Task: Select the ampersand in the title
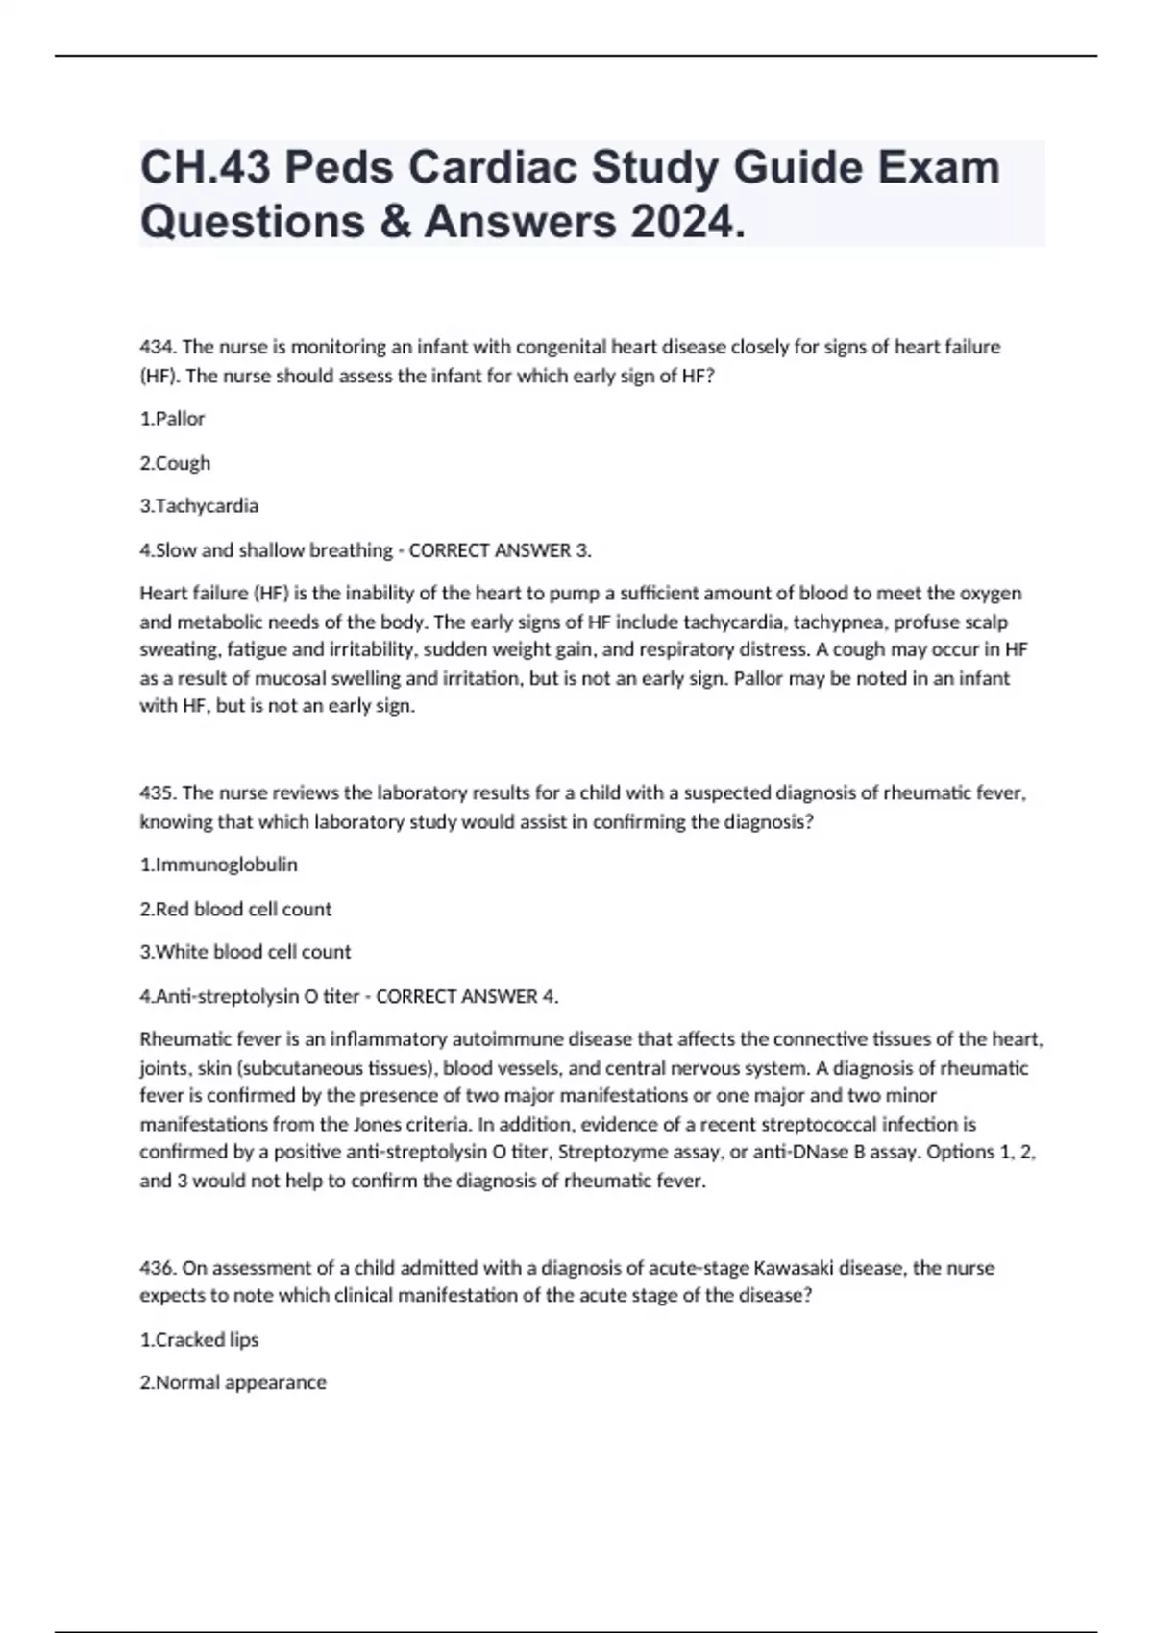click(395, 222)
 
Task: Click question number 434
click(158, 347)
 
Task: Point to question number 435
click(158, 793)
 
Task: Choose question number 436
click(158, 1268)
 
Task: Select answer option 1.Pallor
click(173, 419)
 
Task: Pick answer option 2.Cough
click(175, 463)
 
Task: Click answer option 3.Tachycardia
click(199, 506)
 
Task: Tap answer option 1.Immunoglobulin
click(219, 865)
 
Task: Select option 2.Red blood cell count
click(235, 909)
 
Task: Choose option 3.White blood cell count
click(245, 952)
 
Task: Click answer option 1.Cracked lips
click(199, 1339)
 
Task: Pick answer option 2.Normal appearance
click(233, 1382)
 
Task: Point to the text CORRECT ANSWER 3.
click(501, 550)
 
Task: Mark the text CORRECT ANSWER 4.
click(467, 996)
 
